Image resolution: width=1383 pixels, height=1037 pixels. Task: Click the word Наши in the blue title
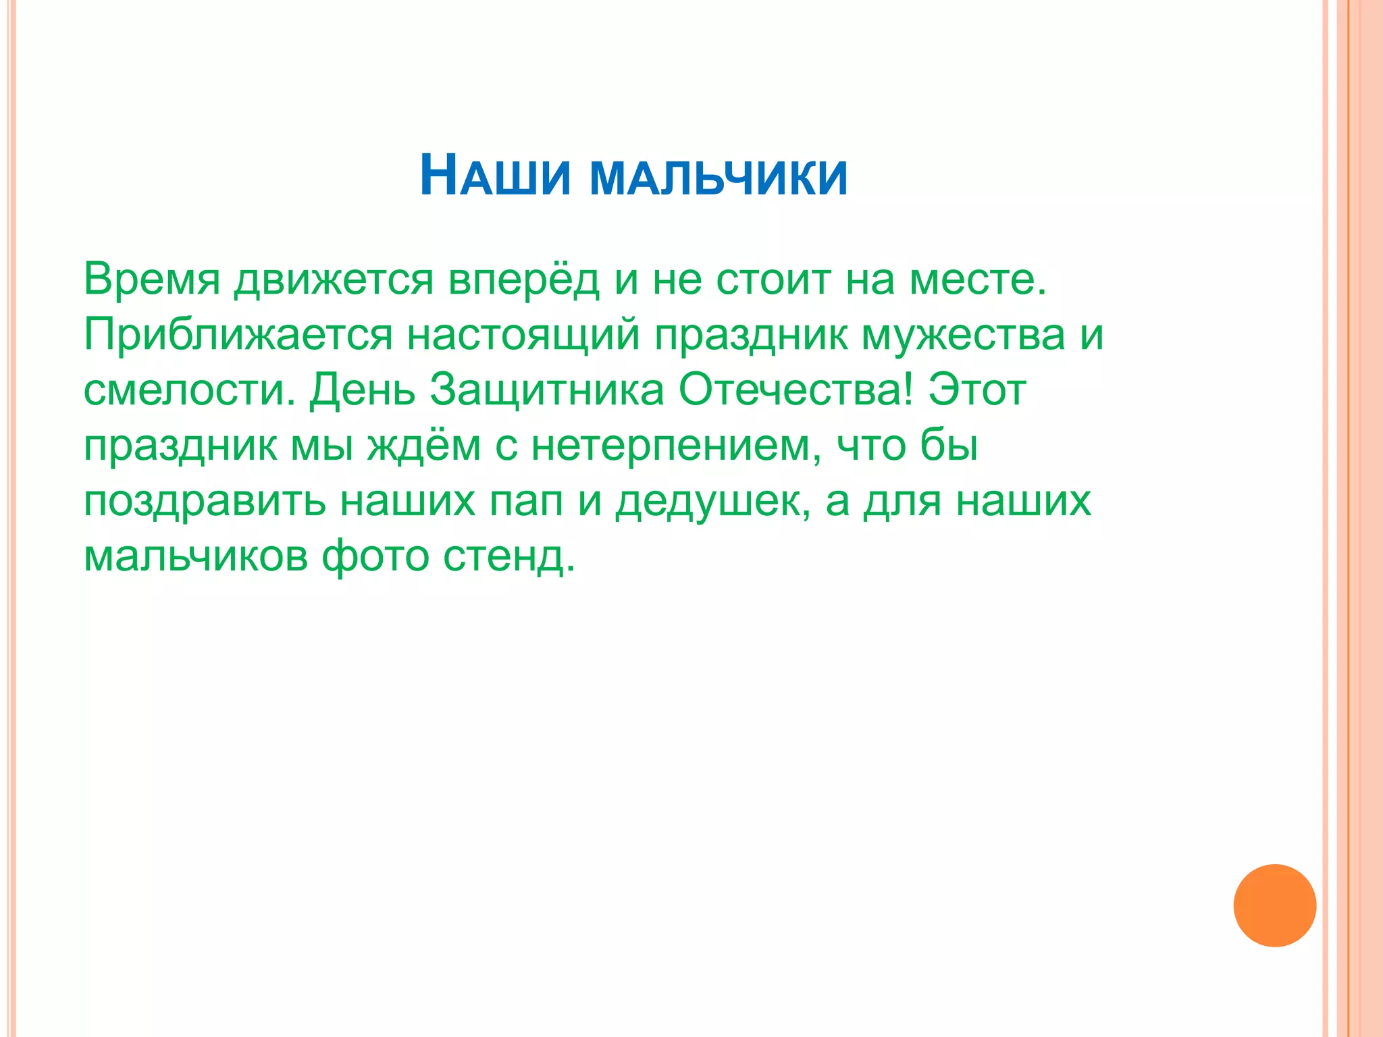coord(495,177)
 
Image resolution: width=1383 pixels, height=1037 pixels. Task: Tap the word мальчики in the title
coord(719,178)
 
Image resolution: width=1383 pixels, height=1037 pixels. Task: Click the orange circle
coord(1274,905)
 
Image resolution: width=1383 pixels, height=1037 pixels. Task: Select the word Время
coord(152,279)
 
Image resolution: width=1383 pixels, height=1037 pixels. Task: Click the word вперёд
coord(524,279)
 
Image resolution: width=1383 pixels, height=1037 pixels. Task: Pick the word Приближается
coord(238,335)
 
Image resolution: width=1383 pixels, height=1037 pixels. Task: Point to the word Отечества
coord(795,390)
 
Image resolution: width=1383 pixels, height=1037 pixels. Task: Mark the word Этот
coord(977,390)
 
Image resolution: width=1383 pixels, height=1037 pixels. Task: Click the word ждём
coord(424,446)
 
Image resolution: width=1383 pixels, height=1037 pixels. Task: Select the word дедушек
coord(712,502)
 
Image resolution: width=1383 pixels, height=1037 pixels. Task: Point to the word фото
coord(375,558)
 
